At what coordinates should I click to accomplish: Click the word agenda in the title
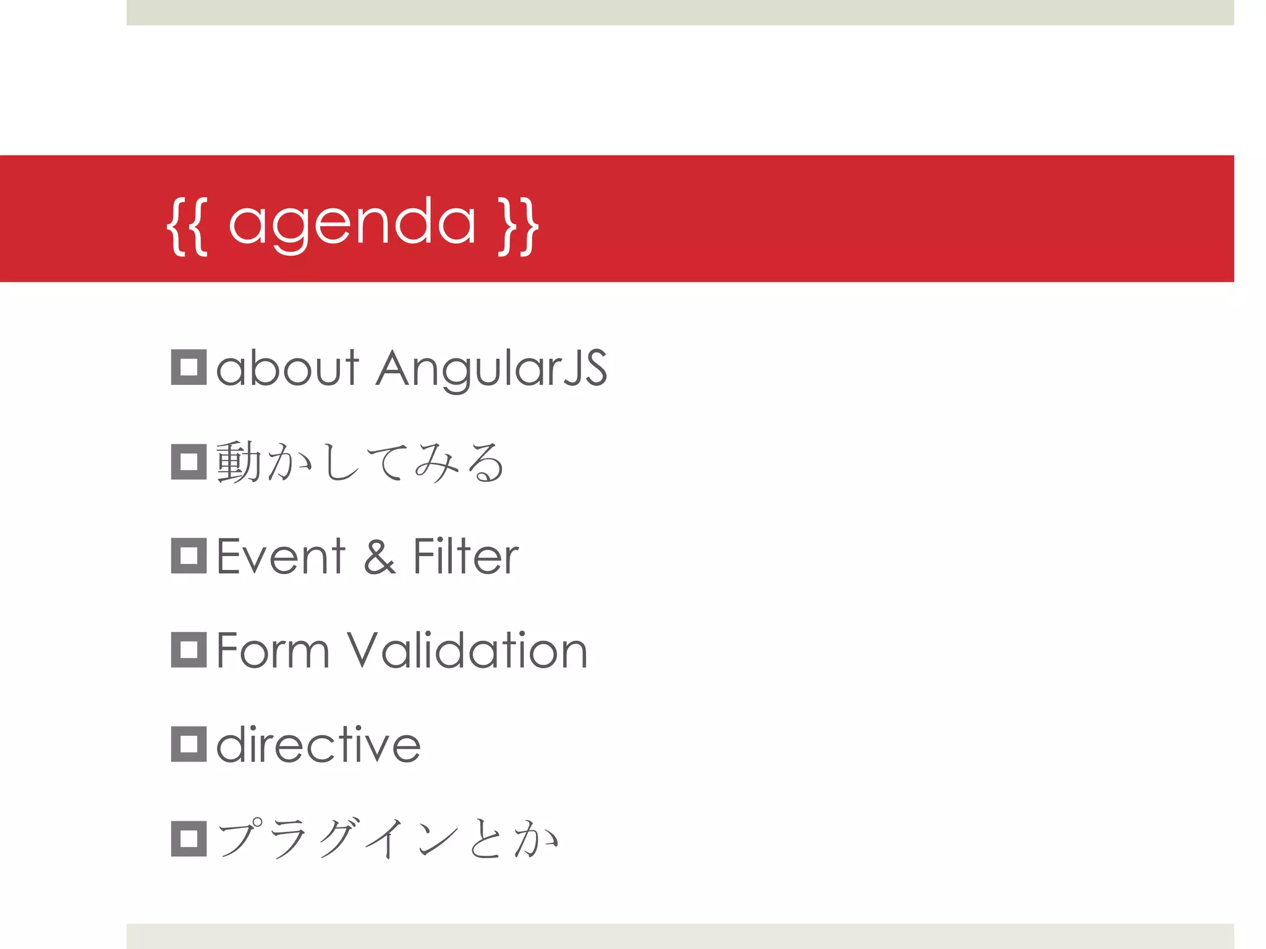[352, 224]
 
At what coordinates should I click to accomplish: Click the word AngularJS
[491, 369]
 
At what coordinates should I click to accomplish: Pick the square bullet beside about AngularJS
[189, 368]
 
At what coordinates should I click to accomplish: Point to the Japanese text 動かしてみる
[360, 462]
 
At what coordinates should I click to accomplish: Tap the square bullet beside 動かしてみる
[189, 462]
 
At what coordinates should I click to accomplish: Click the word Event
[281, 557]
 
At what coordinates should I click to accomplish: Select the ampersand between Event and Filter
[379, 557]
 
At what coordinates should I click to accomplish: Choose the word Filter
[465, 557]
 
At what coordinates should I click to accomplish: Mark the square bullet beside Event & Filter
[189, 556]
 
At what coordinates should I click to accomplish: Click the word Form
[273, 651]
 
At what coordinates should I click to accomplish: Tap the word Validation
[467, 651]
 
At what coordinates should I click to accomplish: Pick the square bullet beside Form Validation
[189, 650]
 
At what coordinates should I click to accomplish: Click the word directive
[318, 744]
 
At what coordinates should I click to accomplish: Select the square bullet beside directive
[189, 744]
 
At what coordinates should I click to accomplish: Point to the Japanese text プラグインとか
[388, 838]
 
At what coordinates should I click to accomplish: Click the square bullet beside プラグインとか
[189, 838]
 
